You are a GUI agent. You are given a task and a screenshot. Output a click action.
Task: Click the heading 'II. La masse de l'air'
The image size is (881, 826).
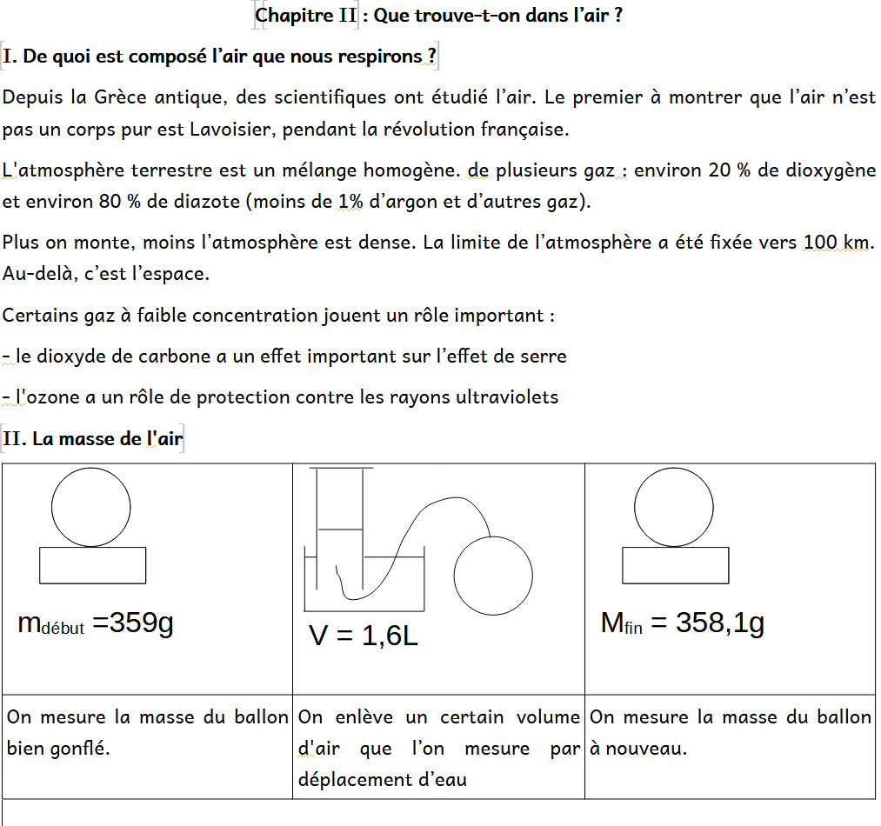pyautogui.click(x=93, y=439)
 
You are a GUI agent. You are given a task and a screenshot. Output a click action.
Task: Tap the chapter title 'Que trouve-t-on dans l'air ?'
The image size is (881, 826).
pyautogui.click(x=497, y=16)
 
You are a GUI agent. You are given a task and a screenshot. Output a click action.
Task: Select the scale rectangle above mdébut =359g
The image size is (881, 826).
pyautogui.click(x=92, y=565)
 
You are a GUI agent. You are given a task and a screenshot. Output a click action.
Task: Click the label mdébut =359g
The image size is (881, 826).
pyautogui.click(x=96, y=623)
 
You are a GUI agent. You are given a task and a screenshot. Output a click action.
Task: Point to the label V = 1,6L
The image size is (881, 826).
pyautogui.click(x=364, y=636)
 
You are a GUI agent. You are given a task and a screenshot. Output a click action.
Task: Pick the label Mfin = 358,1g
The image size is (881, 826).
pyautogui.click(x=682, y=623)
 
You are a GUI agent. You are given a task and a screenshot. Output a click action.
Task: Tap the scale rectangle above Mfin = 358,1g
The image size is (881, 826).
pyautogui.click(x=676, y=565)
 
